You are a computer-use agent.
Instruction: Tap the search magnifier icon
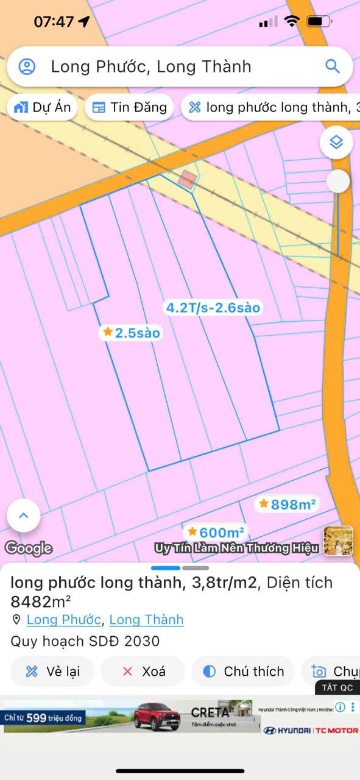(x=332, y=66)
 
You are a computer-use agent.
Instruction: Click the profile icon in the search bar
(x=27, y=66)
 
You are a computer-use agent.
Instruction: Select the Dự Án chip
(x=43, y=108)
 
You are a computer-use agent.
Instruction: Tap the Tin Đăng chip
(x=129, y=108)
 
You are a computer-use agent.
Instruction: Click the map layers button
(x=336, y=143)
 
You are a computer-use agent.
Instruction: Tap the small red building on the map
(x=188, y=179)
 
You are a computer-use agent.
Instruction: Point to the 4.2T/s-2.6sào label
(x=213, y=308)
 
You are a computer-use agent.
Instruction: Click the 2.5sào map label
(x=131, y=333)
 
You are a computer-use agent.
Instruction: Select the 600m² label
(x=216, y=533)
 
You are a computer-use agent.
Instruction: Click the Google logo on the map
(x=28, y=548)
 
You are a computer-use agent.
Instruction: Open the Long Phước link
(x=63, y=620)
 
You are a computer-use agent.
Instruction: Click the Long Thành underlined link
(x=146, y=620)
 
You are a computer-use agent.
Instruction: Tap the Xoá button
(x=143, y=672)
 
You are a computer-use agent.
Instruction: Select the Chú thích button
(x=244, y=672)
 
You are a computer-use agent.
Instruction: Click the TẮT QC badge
(x=337, y=687)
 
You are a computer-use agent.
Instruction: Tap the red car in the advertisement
(x=157, y=715)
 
